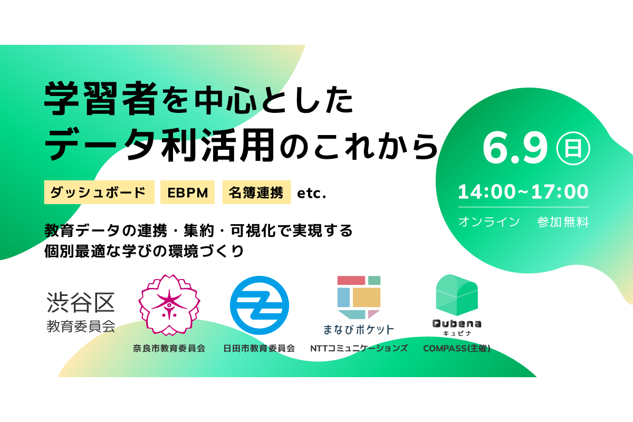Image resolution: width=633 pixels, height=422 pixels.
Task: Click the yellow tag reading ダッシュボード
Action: point(99,192)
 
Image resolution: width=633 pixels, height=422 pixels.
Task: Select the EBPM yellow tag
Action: point(187,192)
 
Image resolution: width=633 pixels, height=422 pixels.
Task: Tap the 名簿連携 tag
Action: point(256,192)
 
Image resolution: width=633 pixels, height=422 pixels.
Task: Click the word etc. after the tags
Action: point(312,194)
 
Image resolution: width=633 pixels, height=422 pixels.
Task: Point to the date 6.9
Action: point(515,149)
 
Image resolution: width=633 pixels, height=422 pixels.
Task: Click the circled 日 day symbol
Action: point(573,148)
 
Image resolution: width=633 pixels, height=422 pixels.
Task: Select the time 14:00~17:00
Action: point(523,192)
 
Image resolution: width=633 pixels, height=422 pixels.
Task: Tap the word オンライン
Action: point(489,222)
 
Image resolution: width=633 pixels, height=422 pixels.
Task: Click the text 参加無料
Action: point(563,222)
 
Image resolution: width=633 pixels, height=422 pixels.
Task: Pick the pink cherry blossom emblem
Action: point(169,305)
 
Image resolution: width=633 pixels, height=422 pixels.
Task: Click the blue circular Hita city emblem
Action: point(260,305)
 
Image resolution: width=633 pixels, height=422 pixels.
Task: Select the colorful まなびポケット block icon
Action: point(359,298)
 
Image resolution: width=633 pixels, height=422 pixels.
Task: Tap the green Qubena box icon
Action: point(457,295)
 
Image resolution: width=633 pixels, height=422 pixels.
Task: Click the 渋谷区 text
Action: point(81,302)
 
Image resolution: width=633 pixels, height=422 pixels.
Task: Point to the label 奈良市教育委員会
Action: point(169,348)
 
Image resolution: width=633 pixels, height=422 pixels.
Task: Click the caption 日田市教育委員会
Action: point(259,348)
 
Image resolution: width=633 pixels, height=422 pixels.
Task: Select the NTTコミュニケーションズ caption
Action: point(359,348)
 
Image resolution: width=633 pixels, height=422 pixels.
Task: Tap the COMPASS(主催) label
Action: point(457,349)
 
